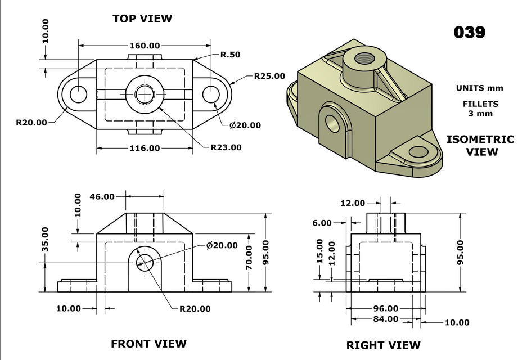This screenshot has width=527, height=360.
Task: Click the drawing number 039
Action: (469, 32)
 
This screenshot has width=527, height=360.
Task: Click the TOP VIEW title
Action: (142, 19)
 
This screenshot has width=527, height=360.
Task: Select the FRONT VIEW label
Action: (148, 343)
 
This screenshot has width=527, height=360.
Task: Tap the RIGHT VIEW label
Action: (383, 345)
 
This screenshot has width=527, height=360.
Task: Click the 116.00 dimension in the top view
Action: (145, 148)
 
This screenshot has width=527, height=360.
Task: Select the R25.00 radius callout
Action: (269, 76)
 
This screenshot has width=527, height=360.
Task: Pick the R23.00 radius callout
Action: (226, 147)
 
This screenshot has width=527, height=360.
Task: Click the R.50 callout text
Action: (230, 55)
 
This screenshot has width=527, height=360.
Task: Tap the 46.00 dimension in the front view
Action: (102, 196)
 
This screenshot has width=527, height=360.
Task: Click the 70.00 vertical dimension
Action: (249, 258)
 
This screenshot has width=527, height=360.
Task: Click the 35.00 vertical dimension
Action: (45, 239)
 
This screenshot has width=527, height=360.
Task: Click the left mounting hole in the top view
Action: (78, 94)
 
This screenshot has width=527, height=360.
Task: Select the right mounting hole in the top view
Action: (211, 94)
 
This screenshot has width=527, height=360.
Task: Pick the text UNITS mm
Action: (480, 88)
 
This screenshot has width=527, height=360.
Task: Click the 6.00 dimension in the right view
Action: (322, 223)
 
